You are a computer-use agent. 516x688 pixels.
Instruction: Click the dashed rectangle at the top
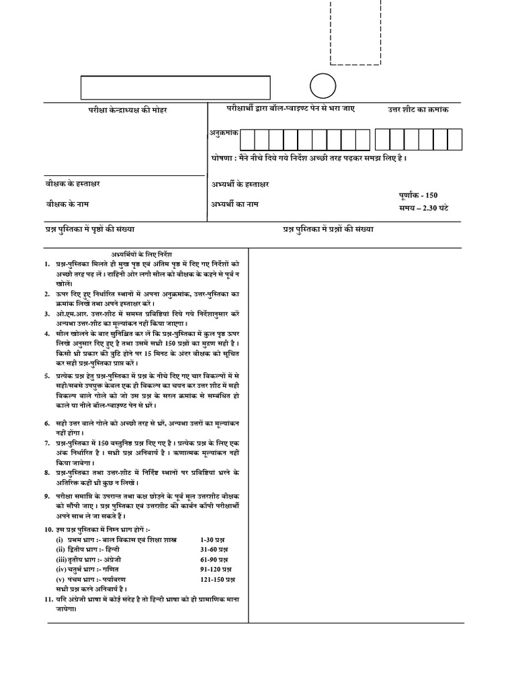[x=356, y=32]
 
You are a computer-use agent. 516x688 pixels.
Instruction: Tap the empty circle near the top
[x=322, y=87]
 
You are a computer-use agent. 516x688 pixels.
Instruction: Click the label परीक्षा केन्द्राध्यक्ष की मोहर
[x=128, y=110]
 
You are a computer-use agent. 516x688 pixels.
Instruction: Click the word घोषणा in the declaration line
[x=221, y=158]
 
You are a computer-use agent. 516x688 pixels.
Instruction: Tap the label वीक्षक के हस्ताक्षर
[x=69, y=183]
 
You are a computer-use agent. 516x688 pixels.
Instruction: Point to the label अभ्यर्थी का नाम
[x=234, y=204]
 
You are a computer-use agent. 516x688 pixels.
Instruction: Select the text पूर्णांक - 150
[x=418, y=195]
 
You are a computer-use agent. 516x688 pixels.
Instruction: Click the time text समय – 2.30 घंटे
[x=423, y=208]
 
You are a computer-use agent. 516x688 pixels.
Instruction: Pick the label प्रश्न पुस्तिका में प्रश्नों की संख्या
[x=328, y=229]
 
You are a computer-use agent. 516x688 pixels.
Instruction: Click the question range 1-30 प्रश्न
[x=215, y=540]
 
